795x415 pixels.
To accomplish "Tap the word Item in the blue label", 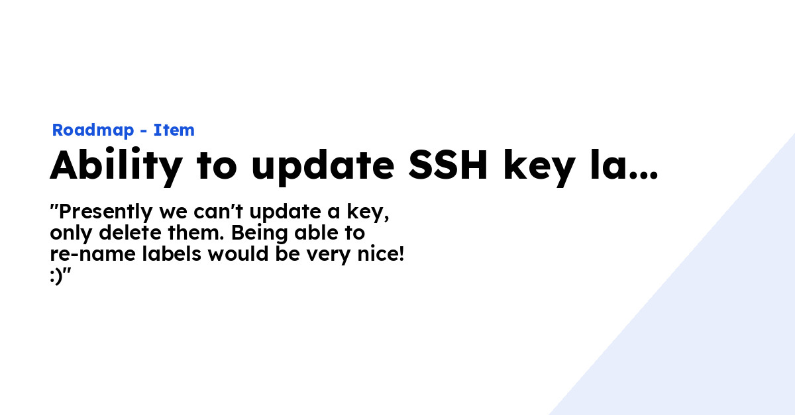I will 174,130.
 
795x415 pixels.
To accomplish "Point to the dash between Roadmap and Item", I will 143,131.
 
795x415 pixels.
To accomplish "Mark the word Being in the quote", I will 254,233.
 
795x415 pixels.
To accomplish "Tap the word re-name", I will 87,255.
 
